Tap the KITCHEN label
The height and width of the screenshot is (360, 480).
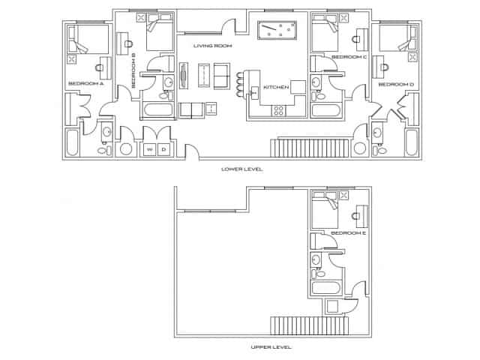click(x=275, y=88)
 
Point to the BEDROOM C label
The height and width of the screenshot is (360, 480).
click(x=348, y=57)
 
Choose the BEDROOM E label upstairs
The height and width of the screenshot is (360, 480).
click(x=348, y=233)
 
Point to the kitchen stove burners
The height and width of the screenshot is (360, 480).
click(x=279, y=111)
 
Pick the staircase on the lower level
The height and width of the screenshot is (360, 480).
click(x=313, y=147)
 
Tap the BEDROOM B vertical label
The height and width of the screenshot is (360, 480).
click(x=133, y=70)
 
